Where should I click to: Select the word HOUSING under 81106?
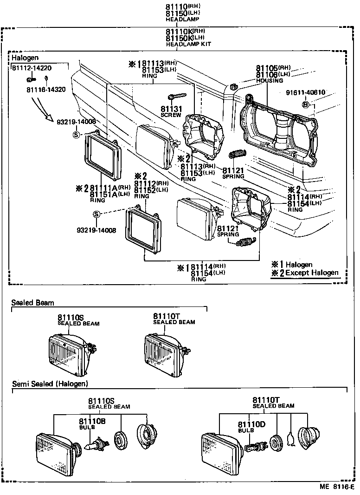270,80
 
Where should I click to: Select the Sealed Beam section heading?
32,303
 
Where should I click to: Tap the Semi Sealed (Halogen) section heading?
50,384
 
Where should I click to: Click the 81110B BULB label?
92,424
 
